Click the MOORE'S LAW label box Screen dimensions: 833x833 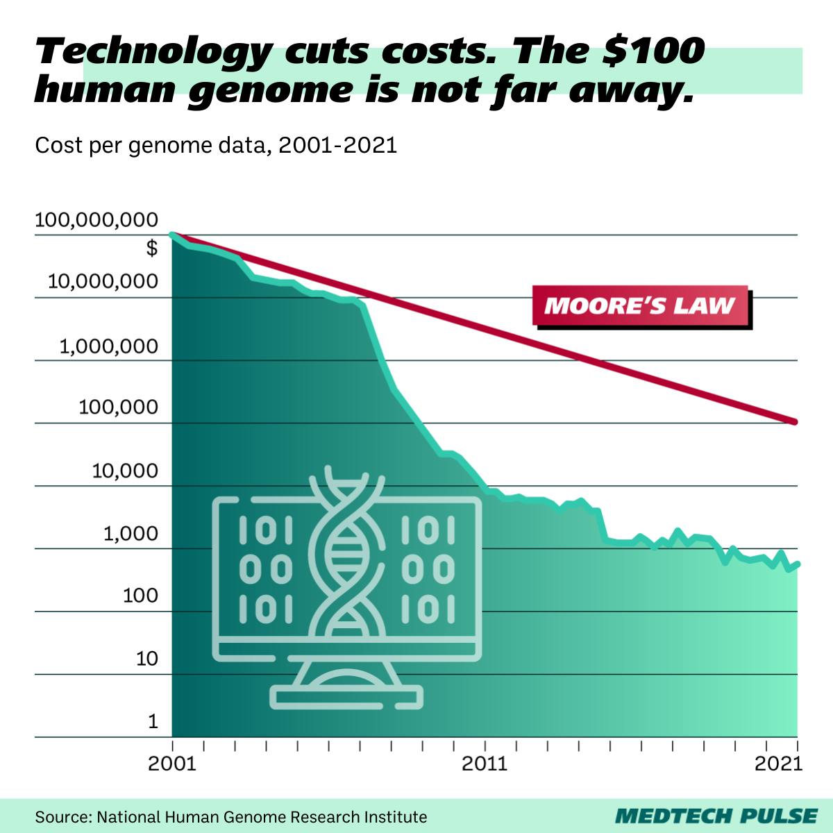click(x=640, y=305)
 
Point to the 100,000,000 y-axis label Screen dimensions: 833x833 click(x=96, y=221)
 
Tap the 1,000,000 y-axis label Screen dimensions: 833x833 click(x=108, y=346)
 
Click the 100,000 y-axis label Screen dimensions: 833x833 click(x=118, y=407)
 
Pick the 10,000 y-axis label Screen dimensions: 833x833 click(x=125, y=471)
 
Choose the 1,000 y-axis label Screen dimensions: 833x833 click(x=131, y=534)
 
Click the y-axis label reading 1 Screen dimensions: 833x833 click(x=153, y=722)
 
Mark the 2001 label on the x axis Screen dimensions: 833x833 click(x=172, y=764)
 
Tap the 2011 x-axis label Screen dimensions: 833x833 click(x=485, y=764)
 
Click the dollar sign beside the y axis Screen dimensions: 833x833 click(x=152, y=248)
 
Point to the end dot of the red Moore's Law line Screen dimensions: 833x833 click(x=795, y=422)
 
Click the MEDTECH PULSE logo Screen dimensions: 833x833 click(x=716, y=816)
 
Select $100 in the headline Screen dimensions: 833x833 click(x=653, y=52)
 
